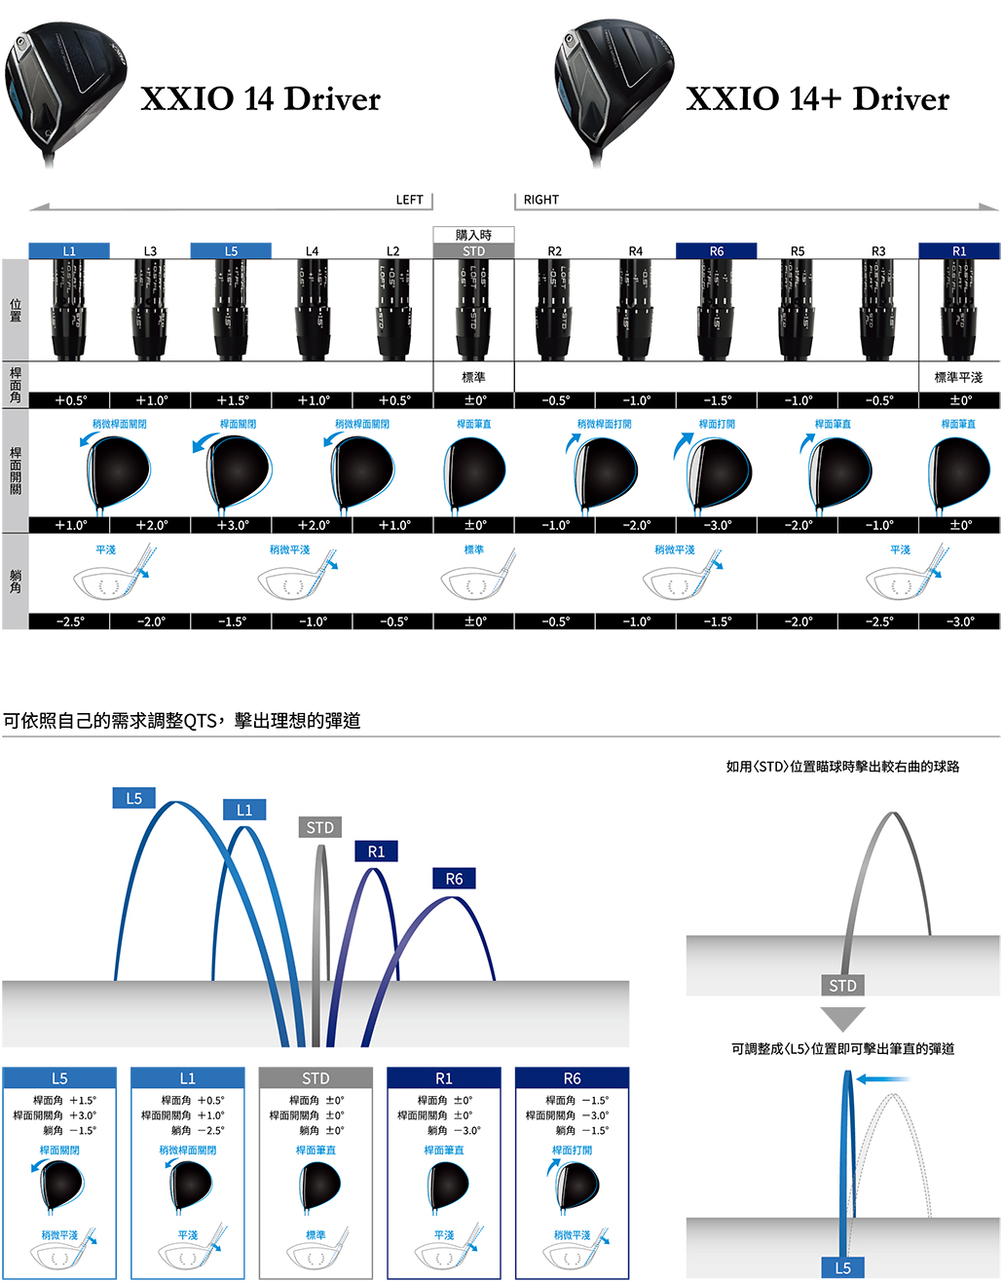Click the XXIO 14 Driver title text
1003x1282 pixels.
260,98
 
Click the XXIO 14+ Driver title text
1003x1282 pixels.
817,98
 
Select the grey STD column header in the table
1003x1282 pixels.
473,251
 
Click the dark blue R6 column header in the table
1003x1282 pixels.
716,251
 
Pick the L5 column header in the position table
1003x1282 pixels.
231,251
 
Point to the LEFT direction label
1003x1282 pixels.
409,200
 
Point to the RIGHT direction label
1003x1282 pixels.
541,200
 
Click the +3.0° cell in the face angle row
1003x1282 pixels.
232,525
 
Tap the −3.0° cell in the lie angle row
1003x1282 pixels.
959,622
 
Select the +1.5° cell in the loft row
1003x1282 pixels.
232,400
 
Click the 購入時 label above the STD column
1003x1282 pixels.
473,235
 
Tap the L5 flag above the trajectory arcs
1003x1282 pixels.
134,799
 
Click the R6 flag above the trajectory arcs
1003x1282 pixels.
455,879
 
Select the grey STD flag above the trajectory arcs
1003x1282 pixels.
320,828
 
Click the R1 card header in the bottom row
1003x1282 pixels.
444,1078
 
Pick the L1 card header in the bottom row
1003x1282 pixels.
187,1078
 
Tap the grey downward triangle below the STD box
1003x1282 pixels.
842,1018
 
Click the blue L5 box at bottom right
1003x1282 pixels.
842,1267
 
